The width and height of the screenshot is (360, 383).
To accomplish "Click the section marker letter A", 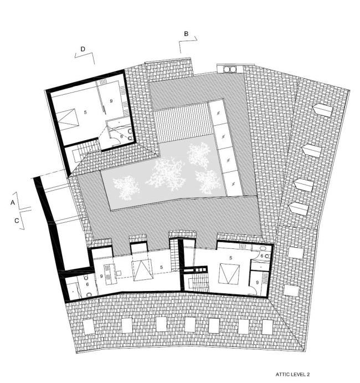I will tap(12, 203).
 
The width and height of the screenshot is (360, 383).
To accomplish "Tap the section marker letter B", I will tap(187, 34).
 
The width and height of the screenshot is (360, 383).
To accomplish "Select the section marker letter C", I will tap(17, 220).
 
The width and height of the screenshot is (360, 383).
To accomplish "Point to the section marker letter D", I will tap(82, 49).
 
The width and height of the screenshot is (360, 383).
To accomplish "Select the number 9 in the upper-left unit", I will tap(111, 101).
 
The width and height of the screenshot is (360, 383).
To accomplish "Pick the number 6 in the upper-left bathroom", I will tap(121, 136).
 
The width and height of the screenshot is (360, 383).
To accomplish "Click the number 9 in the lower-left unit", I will tap(102, 275).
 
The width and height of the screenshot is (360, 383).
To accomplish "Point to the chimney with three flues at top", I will tap(229, 69).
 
